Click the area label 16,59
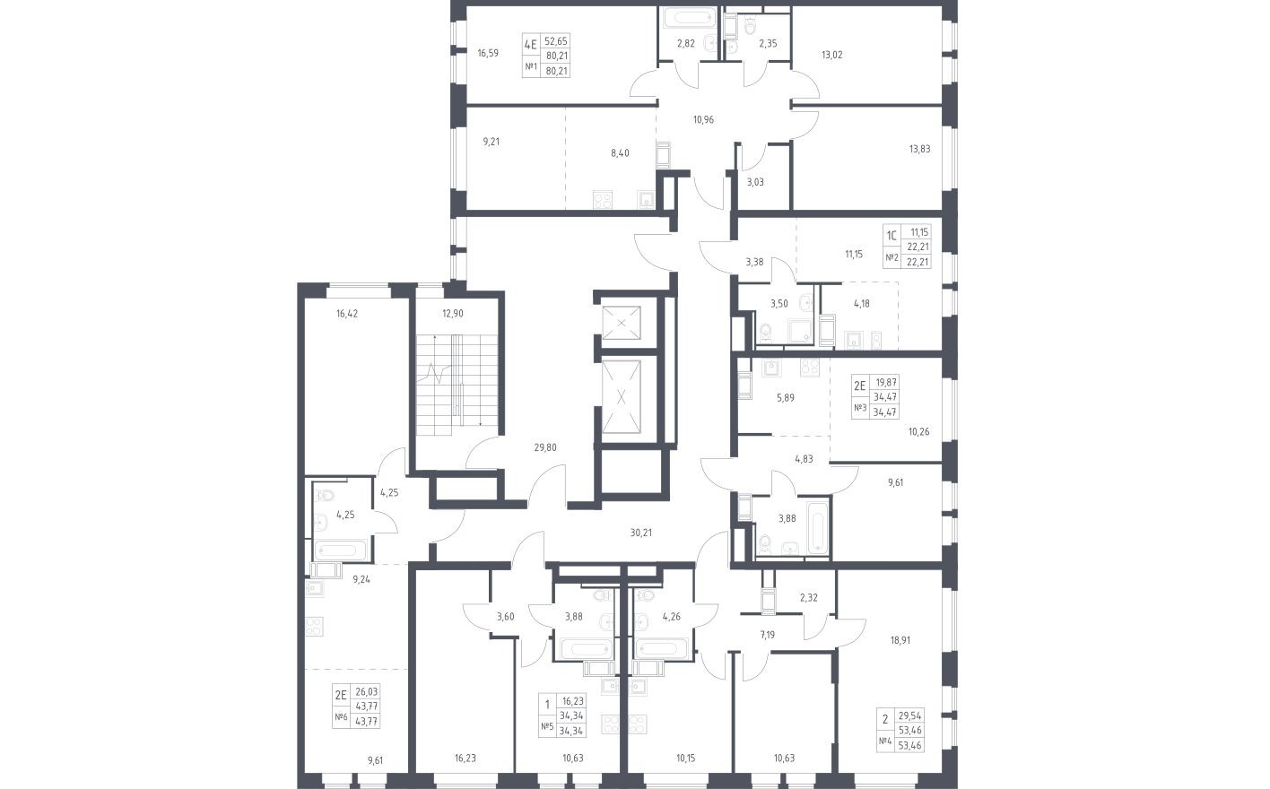(488, 54)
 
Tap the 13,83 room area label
(919, 149)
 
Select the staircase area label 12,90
(452, 314)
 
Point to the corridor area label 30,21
(640, 533)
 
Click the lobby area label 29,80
(544, 447)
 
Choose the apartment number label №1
(531, 67)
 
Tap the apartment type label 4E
(530, 44)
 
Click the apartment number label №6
(341, 717)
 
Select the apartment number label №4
(884, 741)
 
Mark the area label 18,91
(900, 640)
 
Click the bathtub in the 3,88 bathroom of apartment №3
(817, 527)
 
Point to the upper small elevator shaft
(622, 323)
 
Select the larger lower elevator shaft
(622, 397)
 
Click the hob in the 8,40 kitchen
(603, 200)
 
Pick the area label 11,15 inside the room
(854, 255)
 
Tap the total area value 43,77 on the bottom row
(366, 722)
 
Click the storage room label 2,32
(808, 597)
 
